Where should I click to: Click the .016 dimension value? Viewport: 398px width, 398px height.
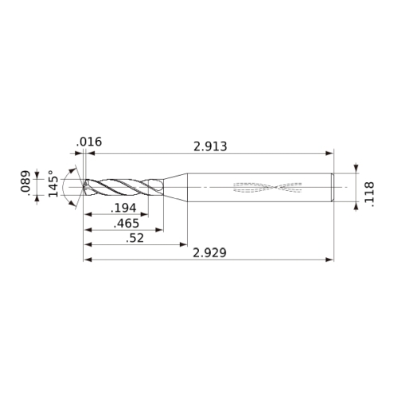[89, 142]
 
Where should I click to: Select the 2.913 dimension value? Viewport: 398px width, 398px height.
[210, 146]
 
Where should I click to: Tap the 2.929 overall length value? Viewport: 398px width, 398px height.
[209, 253]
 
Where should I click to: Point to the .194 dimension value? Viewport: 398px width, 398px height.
[123, 208]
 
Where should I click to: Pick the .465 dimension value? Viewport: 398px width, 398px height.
[127, 224]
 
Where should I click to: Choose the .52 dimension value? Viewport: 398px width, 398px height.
[135, 238]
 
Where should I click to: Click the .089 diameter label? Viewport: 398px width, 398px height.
[25, 181]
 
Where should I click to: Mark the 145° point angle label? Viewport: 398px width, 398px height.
[53, 183]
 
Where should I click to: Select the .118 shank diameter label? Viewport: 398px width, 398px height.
[369, 194]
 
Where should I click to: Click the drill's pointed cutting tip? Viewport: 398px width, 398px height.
[84, 187]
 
